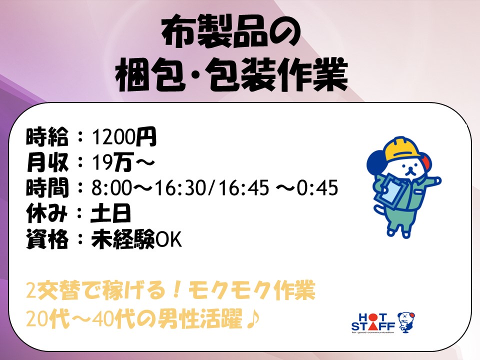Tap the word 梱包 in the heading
150,75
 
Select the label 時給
46,136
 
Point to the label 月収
47,162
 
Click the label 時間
47,187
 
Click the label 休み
46,213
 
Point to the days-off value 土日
110,213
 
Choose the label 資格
47,239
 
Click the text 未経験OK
136,239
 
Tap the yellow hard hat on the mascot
401,149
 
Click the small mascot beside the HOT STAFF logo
406,322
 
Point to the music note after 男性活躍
253,319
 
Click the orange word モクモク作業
251,290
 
